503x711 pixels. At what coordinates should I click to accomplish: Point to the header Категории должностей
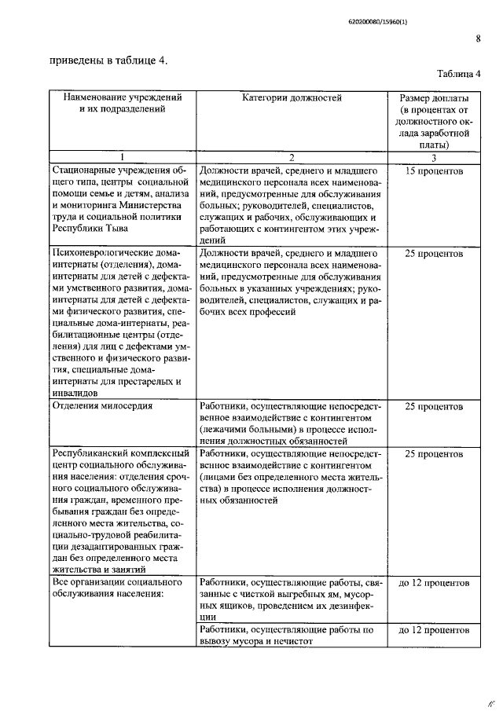pos(292,98)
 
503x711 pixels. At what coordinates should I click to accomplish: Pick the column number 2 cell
pos(292,156)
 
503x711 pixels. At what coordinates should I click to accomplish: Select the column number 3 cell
pos(435,156)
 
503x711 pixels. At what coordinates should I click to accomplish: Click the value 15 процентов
pos(435,170)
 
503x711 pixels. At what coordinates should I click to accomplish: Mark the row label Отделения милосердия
pos(100,407)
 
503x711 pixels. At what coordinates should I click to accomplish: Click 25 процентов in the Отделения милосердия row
pos(435,407)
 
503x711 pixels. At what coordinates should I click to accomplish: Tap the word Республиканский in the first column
pos(94,453)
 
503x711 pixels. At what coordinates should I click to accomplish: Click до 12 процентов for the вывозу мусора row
pos(435,630)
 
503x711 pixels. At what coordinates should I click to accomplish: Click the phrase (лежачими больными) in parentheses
pos(251,430)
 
